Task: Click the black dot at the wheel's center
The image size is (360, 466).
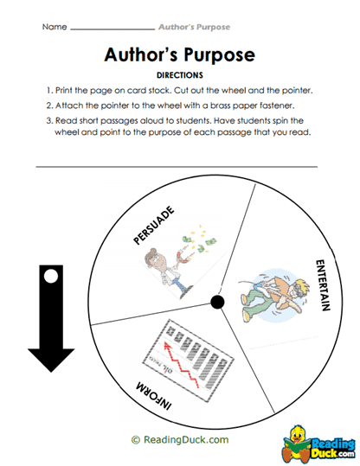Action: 216,301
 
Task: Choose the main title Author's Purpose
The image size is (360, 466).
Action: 179,55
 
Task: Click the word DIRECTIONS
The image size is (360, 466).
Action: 179,75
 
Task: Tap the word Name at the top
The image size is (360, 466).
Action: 54,27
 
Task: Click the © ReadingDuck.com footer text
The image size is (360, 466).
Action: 180,439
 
